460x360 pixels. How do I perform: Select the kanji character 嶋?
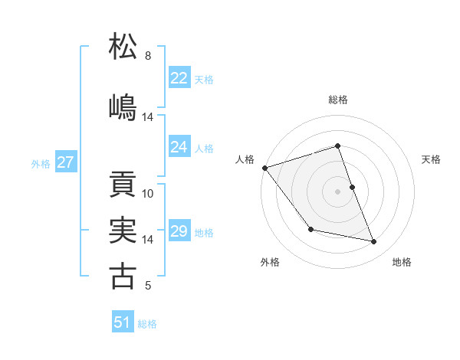point(123,106)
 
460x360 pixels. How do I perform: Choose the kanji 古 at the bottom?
point(123,276)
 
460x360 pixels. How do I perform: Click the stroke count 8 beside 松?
point(148,56)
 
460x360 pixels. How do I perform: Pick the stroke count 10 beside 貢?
point(148,194)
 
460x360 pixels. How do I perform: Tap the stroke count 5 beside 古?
point(148,286)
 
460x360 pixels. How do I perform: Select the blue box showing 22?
point(179,78)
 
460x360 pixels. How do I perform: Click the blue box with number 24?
point(179,147)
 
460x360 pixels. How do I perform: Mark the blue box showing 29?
point(179,231)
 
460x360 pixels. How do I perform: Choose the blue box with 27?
point(66,162)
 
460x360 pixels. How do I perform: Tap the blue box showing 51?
point(123,322)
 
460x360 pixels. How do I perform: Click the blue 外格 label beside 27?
point(41,163)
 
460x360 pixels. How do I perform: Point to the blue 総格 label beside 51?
point(147,324)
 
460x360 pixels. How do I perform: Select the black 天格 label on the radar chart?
point(432,159)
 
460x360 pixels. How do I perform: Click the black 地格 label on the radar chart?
point(402,262)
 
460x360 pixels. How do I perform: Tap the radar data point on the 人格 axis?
point(264,168)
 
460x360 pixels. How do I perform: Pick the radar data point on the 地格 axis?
point(374,242)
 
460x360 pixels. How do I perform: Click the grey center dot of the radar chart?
point(337,191)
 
